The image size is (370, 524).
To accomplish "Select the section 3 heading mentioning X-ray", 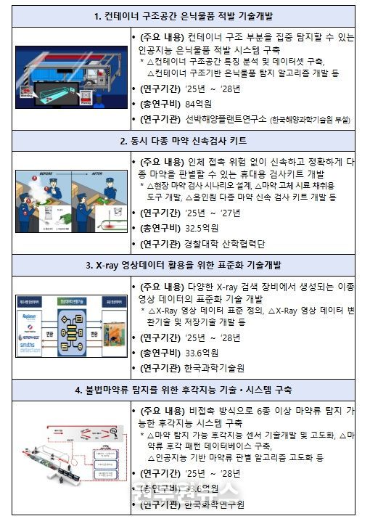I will (184, 266).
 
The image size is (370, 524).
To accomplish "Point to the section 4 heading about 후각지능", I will (184, 390).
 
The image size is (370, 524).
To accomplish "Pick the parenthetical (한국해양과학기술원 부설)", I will (309, 120).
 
